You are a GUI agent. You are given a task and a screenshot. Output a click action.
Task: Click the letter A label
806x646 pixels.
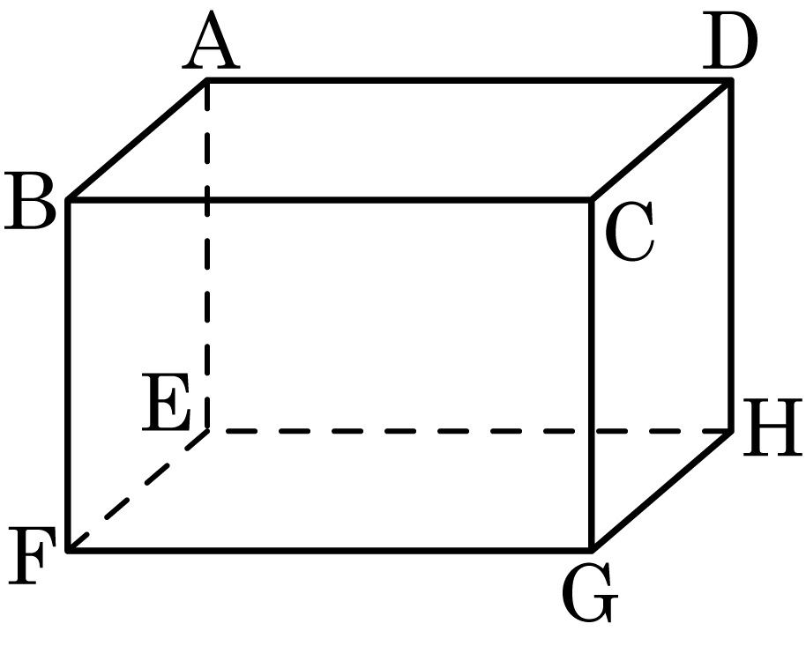[x=211, y=40]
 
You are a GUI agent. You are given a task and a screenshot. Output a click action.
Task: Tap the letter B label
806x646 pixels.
[x=30, y=201]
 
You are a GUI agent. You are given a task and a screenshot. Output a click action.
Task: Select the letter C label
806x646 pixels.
[x=630, y=231]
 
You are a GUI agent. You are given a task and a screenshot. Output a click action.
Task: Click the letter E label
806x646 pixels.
[x=167, y=402]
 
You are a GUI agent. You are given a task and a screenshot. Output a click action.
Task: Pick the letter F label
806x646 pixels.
[x=32, y=555]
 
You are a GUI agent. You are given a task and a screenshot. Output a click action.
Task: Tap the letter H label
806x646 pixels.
[x=772, y=427]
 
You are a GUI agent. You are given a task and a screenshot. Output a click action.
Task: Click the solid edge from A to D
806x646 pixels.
[x=469, y=80]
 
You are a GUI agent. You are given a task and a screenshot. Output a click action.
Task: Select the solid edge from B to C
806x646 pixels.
[x=330, y=199]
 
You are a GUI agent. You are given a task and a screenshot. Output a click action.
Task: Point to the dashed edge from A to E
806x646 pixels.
[x=207, y=256]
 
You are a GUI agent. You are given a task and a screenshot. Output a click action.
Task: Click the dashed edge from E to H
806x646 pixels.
[x=469, y=431]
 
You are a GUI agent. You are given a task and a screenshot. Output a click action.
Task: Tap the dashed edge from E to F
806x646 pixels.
[x=138, y=490]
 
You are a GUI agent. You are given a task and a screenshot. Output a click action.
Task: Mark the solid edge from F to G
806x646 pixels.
[x=330, y=550]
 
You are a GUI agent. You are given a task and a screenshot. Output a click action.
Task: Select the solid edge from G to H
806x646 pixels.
[x=661, y=490]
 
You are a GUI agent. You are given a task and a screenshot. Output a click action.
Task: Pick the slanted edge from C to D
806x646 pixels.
[x=661, y=140]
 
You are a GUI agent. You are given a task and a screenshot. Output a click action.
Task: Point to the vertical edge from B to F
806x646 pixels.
[x=68, y=375]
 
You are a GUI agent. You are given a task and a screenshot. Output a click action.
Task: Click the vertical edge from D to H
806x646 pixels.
[x=731, y=256]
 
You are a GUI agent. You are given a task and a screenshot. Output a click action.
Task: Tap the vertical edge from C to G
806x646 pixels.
[x=592, y=375]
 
